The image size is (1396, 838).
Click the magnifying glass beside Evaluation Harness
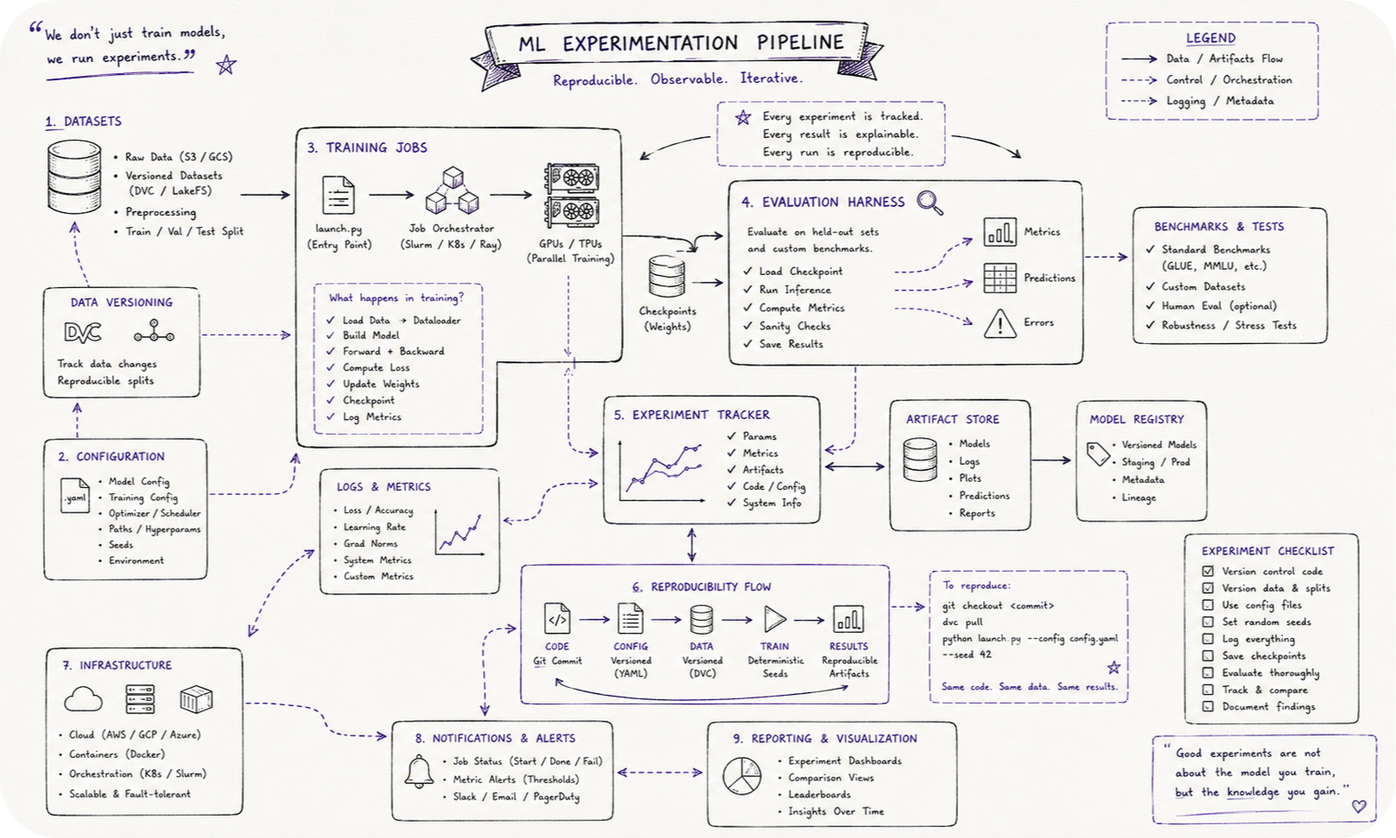(930, 203)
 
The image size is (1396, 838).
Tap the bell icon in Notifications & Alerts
(419, 772)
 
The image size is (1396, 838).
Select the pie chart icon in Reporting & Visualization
(742, 776)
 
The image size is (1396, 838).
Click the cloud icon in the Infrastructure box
(83, 699)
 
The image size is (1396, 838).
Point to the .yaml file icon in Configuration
(75, 496)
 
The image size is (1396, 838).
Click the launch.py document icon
(338, 195)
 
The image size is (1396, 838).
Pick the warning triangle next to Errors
(1000, 323)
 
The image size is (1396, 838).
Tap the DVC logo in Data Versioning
(83, 332)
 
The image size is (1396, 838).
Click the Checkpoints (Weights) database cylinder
(667, 276)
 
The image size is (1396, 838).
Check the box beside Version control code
(1208, 571)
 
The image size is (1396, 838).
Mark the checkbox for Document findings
(1208, 707)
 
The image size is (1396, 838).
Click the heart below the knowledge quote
(1359, 805)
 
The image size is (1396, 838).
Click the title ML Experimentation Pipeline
(681, 43)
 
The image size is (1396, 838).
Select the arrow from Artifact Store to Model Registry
(1051, 460)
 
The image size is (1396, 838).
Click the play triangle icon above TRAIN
(774, 619)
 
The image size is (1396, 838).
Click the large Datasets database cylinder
(74, 177)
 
